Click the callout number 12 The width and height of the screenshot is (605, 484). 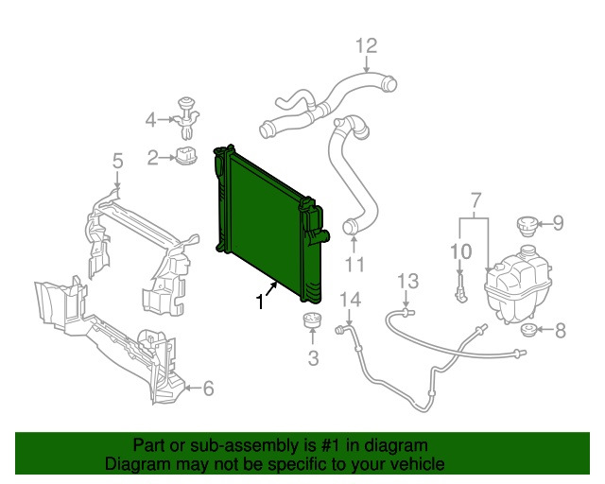click(x=366, y=45)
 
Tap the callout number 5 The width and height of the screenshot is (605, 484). click(x=117, y=161)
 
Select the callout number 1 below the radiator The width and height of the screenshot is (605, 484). click(x=261, y=302)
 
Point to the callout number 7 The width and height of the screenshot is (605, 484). click(x=476, y=200)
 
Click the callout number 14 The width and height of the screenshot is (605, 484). click(x=351, y=300)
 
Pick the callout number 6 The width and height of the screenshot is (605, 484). click(x=208, y=389)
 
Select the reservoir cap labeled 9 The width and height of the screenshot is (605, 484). click(x=527, y=227)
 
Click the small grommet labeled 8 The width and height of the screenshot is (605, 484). click(x=528, y=330)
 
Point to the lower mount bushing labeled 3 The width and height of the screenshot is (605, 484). click(x=312, y=320)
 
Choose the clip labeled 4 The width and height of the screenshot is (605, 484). click(x=187, y=118)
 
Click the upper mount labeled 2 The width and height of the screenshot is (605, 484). click(x=187, y=154)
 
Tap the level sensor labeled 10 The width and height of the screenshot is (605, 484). click(x=461, y=288)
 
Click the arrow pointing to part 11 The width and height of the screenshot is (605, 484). click(x=354, y=244)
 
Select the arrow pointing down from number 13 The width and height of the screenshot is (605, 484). click(x=406, y=301)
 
